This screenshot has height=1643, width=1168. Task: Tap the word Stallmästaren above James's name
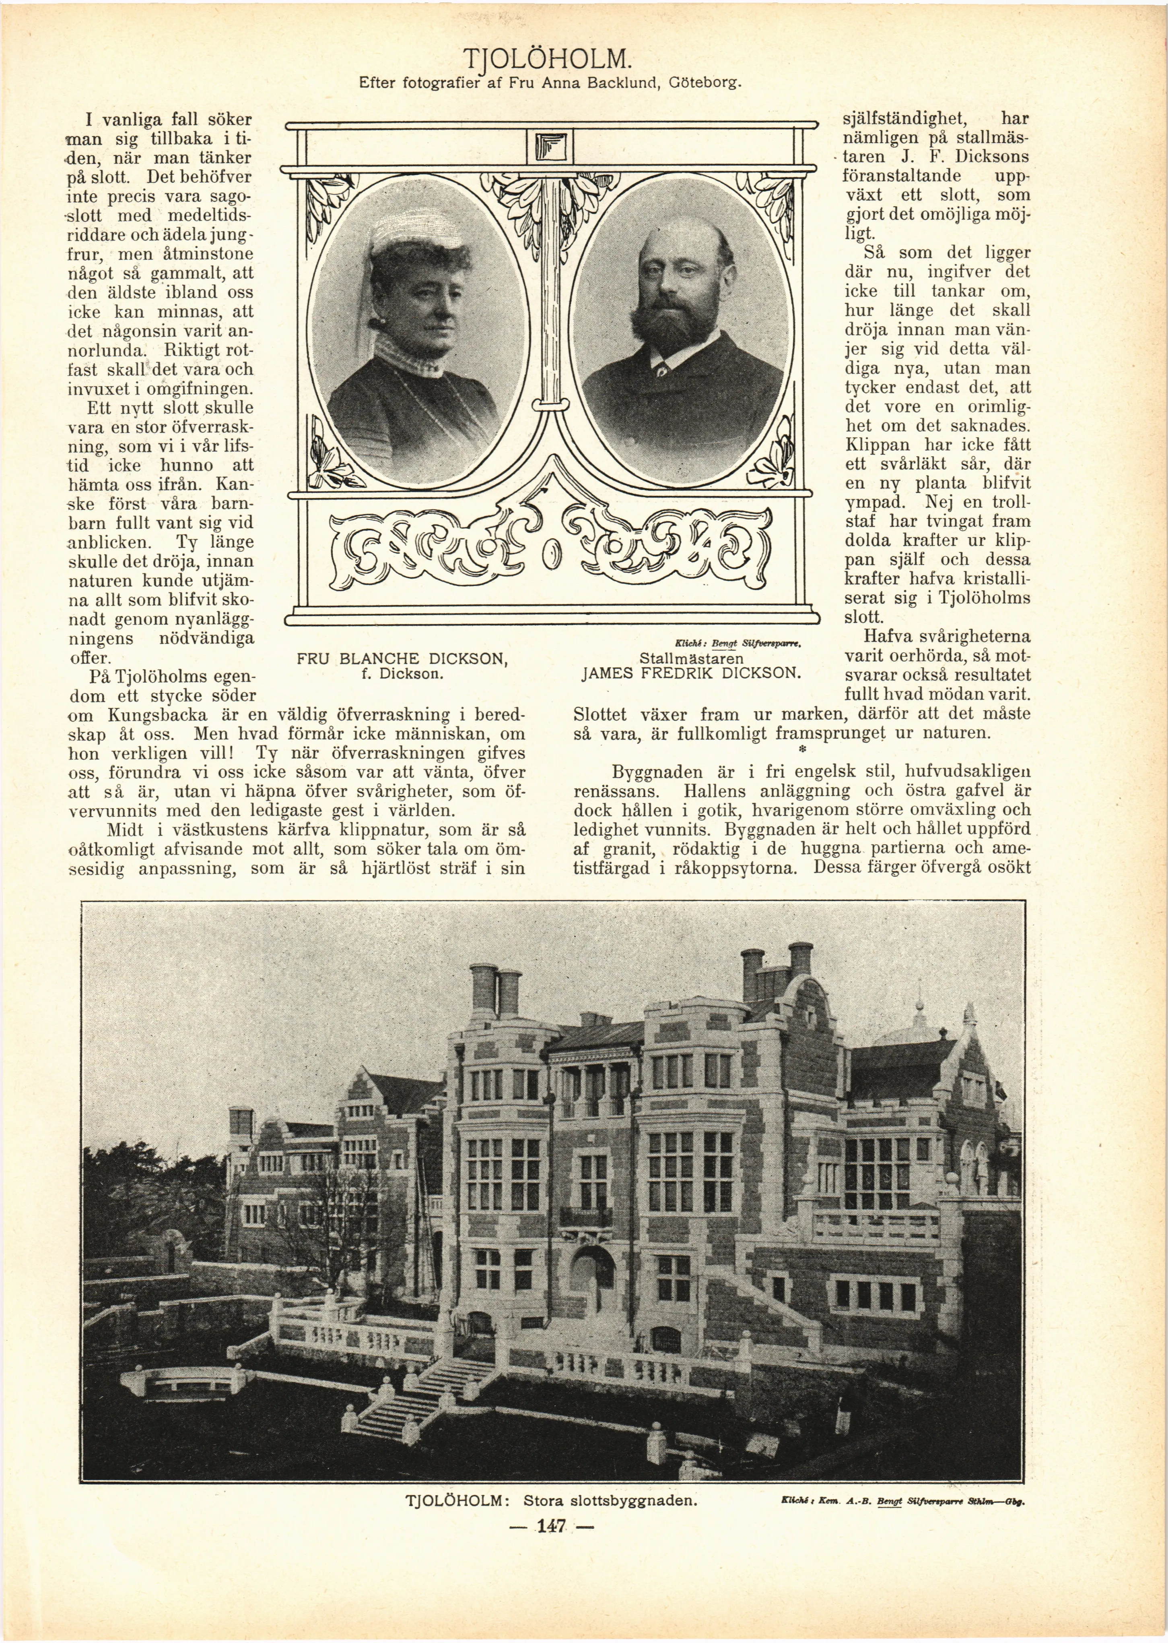[690, 658]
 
